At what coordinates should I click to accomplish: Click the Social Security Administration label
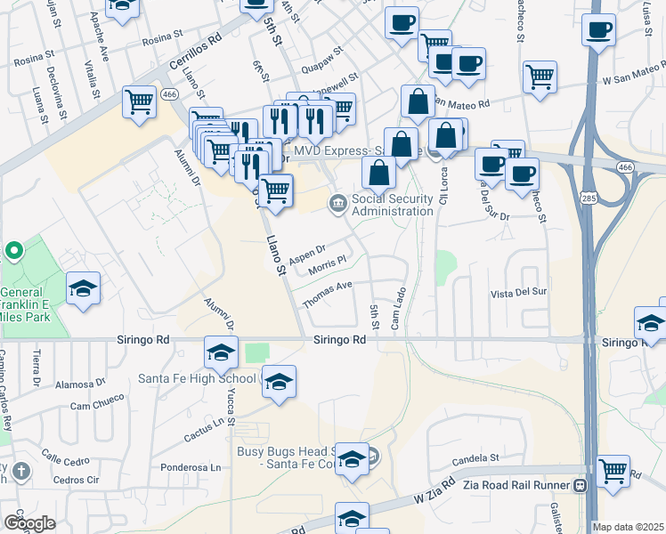point(393,205)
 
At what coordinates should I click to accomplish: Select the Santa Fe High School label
point(196,378)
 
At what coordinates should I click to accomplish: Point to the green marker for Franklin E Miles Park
point(13,252)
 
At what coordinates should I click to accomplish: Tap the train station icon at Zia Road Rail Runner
point(580,486)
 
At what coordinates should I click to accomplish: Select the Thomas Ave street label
point(328,295)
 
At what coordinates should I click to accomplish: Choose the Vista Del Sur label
point(518,292)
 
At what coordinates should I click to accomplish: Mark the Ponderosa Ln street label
point(191,467)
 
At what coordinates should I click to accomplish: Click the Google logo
point(29,522)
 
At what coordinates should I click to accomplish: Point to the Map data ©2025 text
point(628,527)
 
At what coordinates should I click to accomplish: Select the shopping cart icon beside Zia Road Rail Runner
point(613,471)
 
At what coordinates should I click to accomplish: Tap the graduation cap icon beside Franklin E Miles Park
point(83,288)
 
